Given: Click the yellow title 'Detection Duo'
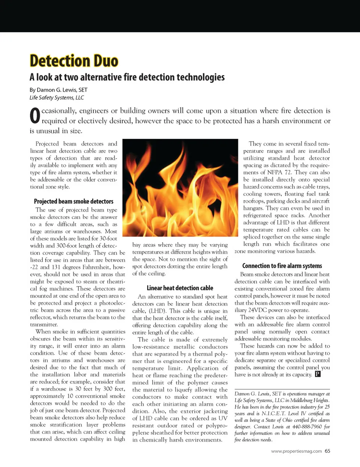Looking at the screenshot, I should (74, 61).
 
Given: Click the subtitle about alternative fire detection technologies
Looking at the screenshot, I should (127, 77).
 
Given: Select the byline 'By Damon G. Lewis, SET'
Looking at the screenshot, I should (58, 90).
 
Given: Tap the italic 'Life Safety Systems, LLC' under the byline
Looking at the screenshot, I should (57, 98).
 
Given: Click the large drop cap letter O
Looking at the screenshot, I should (34, 116).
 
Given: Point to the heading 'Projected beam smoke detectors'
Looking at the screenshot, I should (73, 201).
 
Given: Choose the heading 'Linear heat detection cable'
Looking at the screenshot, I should (180, 288).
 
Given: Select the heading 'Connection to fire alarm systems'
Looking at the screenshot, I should (282, 266).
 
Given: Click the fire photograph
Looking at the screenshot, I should (180, 188).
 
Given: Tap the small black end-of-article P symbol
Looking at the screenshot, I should (318, 374).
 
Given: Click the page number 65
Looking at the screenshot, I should (327, 451).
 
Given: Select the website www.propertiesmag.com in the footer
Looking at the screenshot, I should (296, 451).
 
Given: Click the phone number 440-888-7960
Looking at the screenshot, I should (307, 426).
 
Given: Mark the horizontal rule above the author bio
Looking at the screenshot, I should (282, 389).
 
